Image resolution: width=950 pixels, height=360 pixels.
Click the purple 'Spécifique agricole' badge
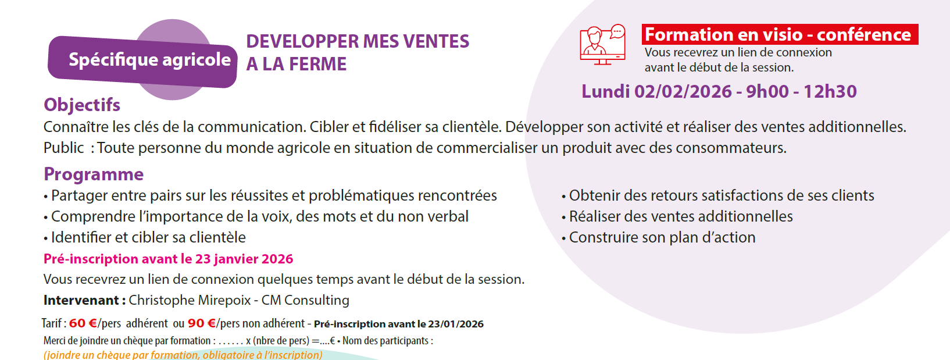(142, 62)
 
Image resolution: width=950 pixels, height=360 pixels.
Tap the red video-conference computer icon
(603, 45)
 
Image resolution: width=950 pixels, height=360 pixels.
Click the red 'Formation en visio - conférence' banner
(780, 34)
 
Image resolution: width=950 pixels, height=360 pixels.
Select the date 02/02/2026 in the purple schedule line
(683, 91)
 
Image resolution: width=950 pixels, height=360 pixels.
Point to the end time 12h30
(830, 91)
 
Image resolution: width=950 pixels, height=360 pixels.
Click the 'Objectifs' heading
(82, 105)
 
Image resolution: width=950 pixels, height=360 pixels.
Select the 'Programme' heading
(94, 174)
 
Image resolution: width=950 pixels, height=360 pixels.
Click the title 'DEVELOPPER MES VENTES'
(358, 41)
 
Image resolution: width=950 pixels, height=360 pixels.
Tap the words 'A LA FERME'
(296, 64)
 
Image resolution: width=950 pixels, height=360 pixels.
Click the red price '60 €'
(83, 323)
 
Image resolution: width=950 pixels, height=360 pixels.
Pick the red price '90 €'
(202, 323)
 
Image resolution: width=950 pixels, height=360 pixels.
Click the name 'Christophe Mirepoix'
(190, 300)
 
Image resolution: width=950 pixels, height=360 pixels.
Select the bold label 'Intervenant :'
(84, 300)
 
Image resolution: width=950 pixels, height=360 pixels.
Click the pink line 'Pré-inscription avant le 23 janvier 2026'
(169, 259)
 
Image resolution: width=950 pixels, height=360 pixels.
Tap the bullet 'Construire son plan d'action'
(658, 237)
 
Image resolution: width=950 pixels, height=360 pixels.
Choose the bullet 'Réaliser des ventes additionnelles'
(677, 216)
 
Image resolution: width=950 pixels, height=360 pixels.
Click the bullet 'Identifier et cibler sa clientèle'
(145, 237)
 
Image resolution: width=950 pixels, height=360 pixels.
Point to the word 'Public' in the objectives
(63, 148)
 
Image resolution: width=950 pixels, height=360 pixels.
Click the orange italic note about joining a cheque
(183, 355)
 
